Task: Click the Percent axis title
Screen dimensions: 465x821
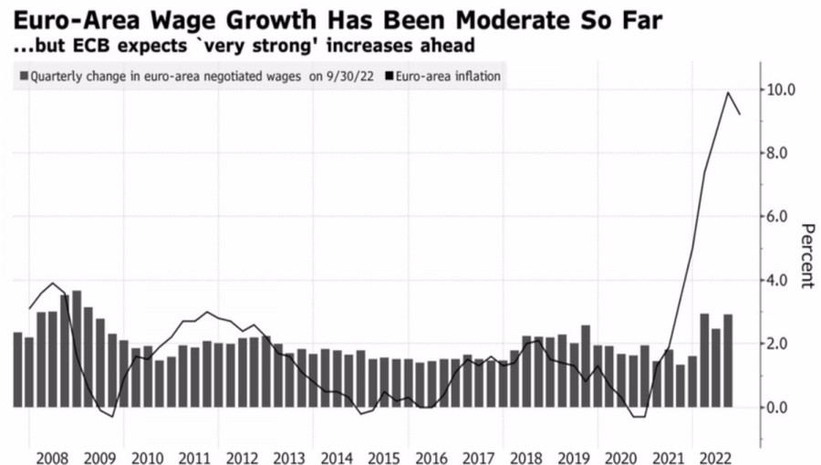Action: [x=806, y=254]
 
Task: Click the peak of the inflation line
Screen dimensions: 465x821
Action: [x=728, y=92]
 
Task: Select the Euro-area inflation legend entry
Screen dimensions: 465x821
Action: [x=448, y=77]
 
